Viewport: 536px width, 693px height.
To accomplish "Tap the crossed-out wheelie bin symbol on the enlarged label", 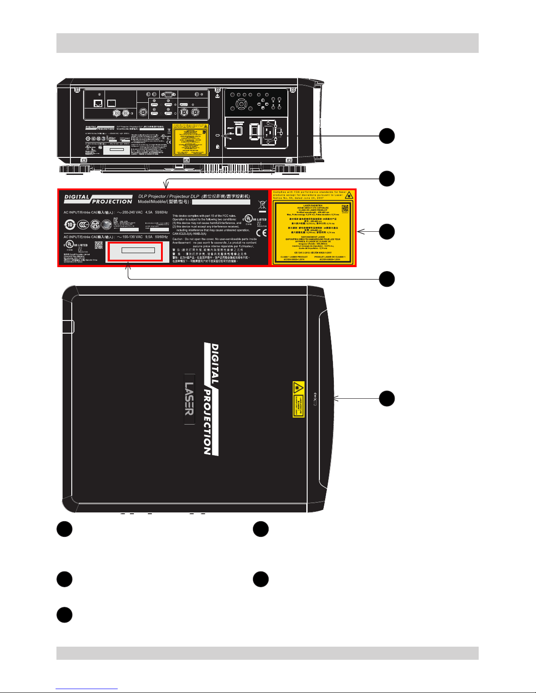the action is [x=262, y=205].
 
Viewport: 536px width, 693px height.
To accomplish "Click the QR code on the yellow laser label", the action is [x=345, y=208].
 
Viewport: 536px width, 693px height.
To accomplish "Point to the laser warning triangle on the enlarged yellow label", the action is [x=350, y=195].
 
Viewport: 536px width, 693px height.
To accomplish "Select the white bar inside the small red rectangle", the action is [x=138, y=250].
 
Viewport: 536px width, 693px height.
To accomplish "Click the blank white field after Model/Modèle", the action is [x=221, y=202].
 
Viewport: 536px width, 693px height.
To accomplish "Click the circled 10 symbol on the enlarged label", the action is [x=69, y=225].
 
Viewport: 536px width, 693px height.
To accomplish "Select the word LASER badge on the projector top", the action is [x=189, y=399].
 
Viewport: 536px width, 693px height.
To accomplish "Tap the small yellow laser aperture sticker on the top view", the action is [x=298, y=399].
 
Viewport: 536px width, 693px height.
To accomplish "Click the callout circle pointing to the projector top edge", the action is [x=387, y=399].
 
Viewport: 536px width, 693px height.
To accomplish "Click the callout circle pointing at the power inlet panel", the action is [x=387, y=136].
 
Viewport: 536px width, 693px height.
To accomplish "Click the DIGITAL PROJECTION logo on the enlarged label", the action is [x=98, y=199].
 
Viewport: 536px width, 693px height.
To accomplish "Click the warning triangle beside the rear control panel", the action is [x=217, y=95].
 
